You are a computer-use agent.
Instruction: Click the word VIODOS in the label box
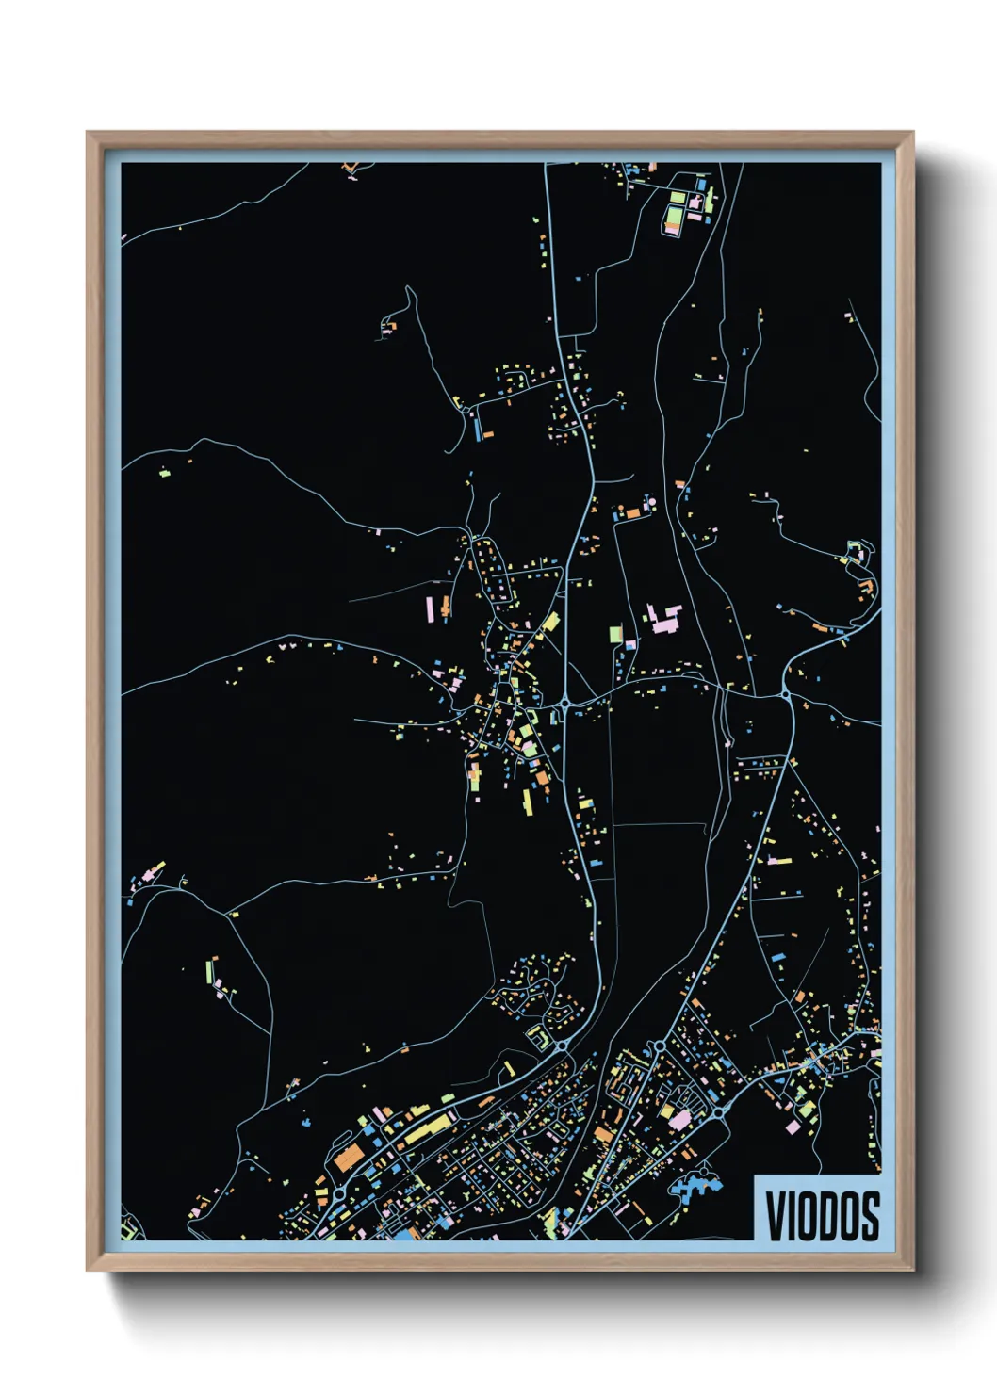pos(822,1216)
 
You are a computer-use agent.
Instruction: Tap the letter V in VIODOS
pos(776,1216)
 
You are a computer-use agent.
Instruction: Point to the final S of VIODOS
pos(870,1216)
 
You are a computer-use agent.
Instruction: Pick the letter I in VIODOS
pos(792,1216)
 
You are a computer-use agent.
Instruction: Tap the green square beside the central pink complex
pos(615,633)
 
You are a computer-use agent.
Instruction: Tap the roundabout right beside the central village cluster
pos(564,703)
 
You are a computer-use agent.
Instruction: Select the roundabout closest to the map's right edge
pos(786,695)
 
